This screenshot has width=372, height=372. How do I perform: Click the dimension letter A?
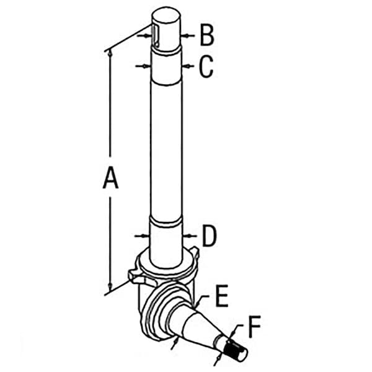click(110, 177)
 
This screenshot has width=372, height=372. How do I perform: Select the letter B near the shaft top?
click(207, 35)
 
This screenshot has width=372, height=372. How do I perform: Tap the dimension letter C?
click(206, 67)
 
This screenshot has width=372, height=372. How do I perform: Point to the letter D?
click(210, 236)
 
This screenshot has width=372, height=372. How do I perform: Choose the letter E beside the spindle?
click(221, 296)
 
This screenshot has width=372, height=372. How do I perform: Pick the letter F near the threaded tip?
click(255, 327)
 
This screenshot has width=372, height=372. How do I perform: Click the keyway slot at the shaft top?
click(155, 35)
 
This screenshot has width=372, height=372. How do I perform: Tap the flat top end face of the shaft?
click(166, 15)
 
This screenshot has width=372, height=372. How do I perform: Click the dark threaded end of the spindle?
click(233, 348)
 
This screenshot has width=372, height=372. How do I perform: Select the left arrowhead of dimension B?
click(149, 36)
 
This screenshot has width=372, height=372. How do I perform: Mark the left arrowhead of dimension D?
click(146, 236)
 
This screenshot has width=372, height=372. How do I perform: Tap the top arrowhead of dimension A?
click(110, 53)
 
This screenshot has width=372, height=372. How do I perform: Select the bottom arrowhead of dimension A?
click(110, 287)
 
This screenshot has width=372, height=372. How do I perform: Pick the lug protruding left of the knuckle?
click(133, 277)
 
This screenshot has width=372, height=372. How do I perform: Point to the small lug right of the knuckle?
click(195, 252)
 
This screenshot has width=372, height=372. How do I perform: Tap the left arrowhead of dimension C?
click(147, 66)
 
